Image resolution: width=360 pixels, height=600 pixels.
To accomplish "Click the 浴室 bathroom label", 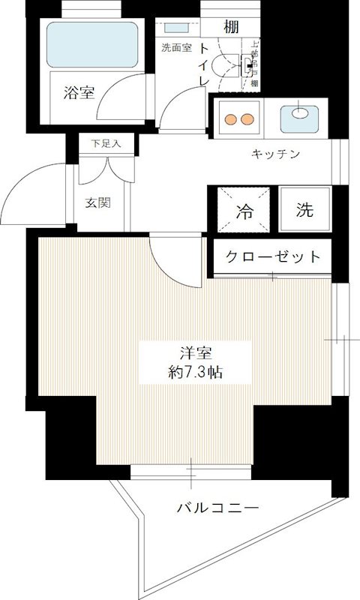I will coord(79,93).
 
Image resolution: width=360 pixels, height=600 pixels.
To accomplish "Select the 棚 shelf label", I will coord(232,28).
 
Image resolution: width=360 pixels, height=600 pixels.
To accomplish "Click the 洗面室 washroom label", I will coord(176,48).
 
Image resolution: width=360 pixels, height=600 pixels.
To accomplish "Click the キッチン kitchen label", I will coord(275,154).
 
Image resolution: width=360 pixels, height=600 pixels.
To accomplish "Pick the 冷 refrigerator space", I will coord(245,211).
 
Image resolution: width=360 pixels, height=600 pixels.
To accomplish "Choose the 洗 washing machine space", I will coord(303,210).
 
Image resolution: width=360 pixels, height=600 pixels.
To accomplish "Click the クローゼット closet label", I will coord(274,257).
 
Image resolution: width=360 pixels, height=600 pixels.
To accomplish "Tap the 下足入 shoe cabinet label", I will coord(101,143).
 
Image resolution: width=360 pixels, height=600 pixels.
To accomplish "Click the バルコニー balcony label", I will coord(219,508).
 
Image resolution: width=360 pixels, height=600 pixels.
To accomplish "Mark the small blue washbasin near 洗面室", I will coord(178,28).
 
